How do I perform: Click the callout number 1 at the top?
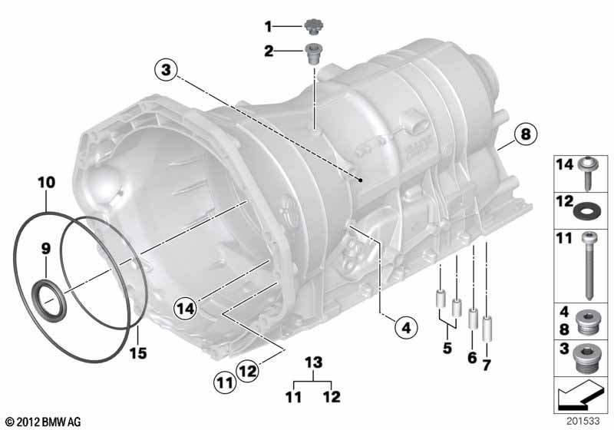[269, 27]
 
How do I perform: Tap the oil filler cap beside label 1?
[312, 26]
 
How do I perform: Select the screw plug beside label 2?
[313, 55]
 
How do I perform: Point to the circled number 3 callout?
[164, 70]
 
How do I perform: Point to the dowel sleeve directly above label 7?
[486, 326]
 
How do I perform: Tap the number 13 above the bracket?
[310, 362]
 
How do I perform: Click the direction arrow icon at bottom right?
[579, 399]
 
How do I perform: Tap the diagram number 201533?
[589, 421]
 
